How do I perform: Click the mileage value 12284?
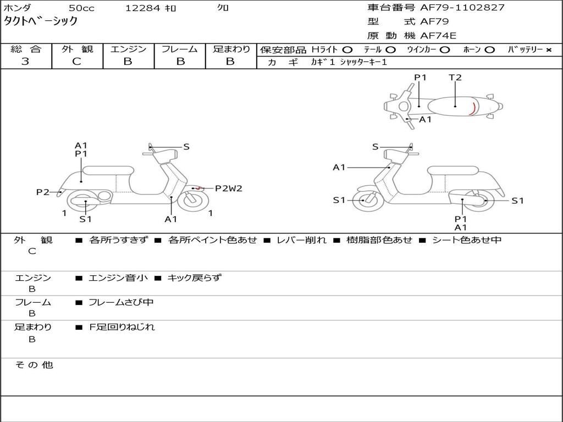point(142,8)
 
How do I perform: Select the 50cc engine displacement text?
point(81,8)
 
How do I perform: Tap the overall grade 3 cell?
point(25,62)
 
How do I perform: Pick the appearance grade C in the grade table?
point(76,62)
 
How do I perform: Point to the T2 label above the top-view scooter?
point(455,77)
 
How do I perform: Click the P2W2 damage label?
point(228,188)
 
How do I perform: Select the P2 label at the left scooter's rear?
point(43,192)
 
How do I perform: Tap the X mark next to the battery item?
point(548,49)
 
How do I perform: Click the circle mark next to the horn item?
point(490,49)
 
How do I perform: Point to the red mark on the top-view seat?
point(472,109)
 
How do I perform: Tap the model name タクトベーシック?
point(41,21)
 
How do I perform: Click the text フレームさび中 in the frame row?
point(121,302)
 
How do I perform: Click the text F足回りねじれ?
point(122,327)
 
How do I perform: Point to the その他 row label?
point(34,365)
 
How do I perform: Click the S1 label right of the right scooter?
point(517,201)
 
